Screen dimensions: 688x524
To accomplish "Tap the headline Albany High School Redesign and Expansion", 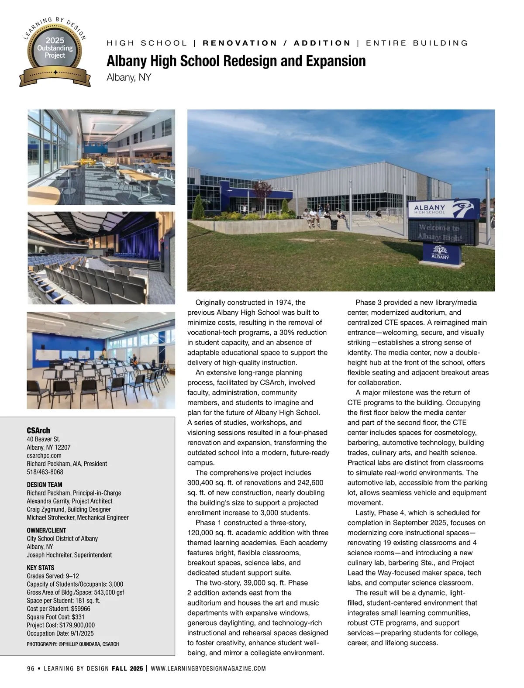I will pyautogui.click(x=236, y=61).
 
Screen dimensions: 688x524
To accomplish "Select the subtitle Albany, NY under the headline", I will pyautogui.click(x=129, y=78).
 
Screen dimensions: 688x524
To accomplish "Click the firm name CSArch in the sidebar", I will pyautogui.click(x=38, y=430).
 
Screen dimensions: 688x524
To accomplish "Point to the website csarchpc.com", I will pyautogui.click(x=44, y=455).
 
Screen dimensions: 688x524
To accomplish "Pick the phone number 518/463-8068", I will pyautogui.click(x=45, y=472).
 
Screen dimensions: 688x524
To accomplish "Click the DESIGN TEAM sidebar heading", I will pyautogui.click(x=45, y=485).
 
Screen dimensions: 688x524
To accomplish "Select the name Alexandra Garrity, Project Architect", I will pyautogui.click(x=69, y=501).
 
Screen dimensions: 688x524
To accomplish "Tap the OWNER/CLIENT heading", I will pyautogui.click(x=46, y=530).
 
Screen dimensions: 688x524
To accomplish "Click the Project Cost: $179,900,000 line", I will pyautogui.click(x=61, y=625).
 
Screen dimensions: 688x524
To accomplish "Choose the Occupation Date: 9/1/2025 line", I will pyautogui.click(x=60, y=633).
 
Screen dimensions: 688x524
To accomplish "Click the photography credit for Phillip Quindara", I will pyautogui.click(x=72, y=644).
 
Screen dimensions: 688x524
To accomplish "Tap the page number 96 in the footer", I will pyautogui.click(x=31, y=668).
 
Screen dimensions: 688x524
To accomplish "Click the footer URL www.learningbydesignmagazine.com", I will pyautogui.click(x=208, y=668).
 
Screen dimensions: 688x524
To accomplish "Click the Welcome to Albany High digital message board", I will pyautogui.click(x=440, y=232).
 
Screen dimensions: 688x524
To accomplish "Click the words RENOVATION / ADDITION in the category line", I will pyautogui.click(x=277, y=43).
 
